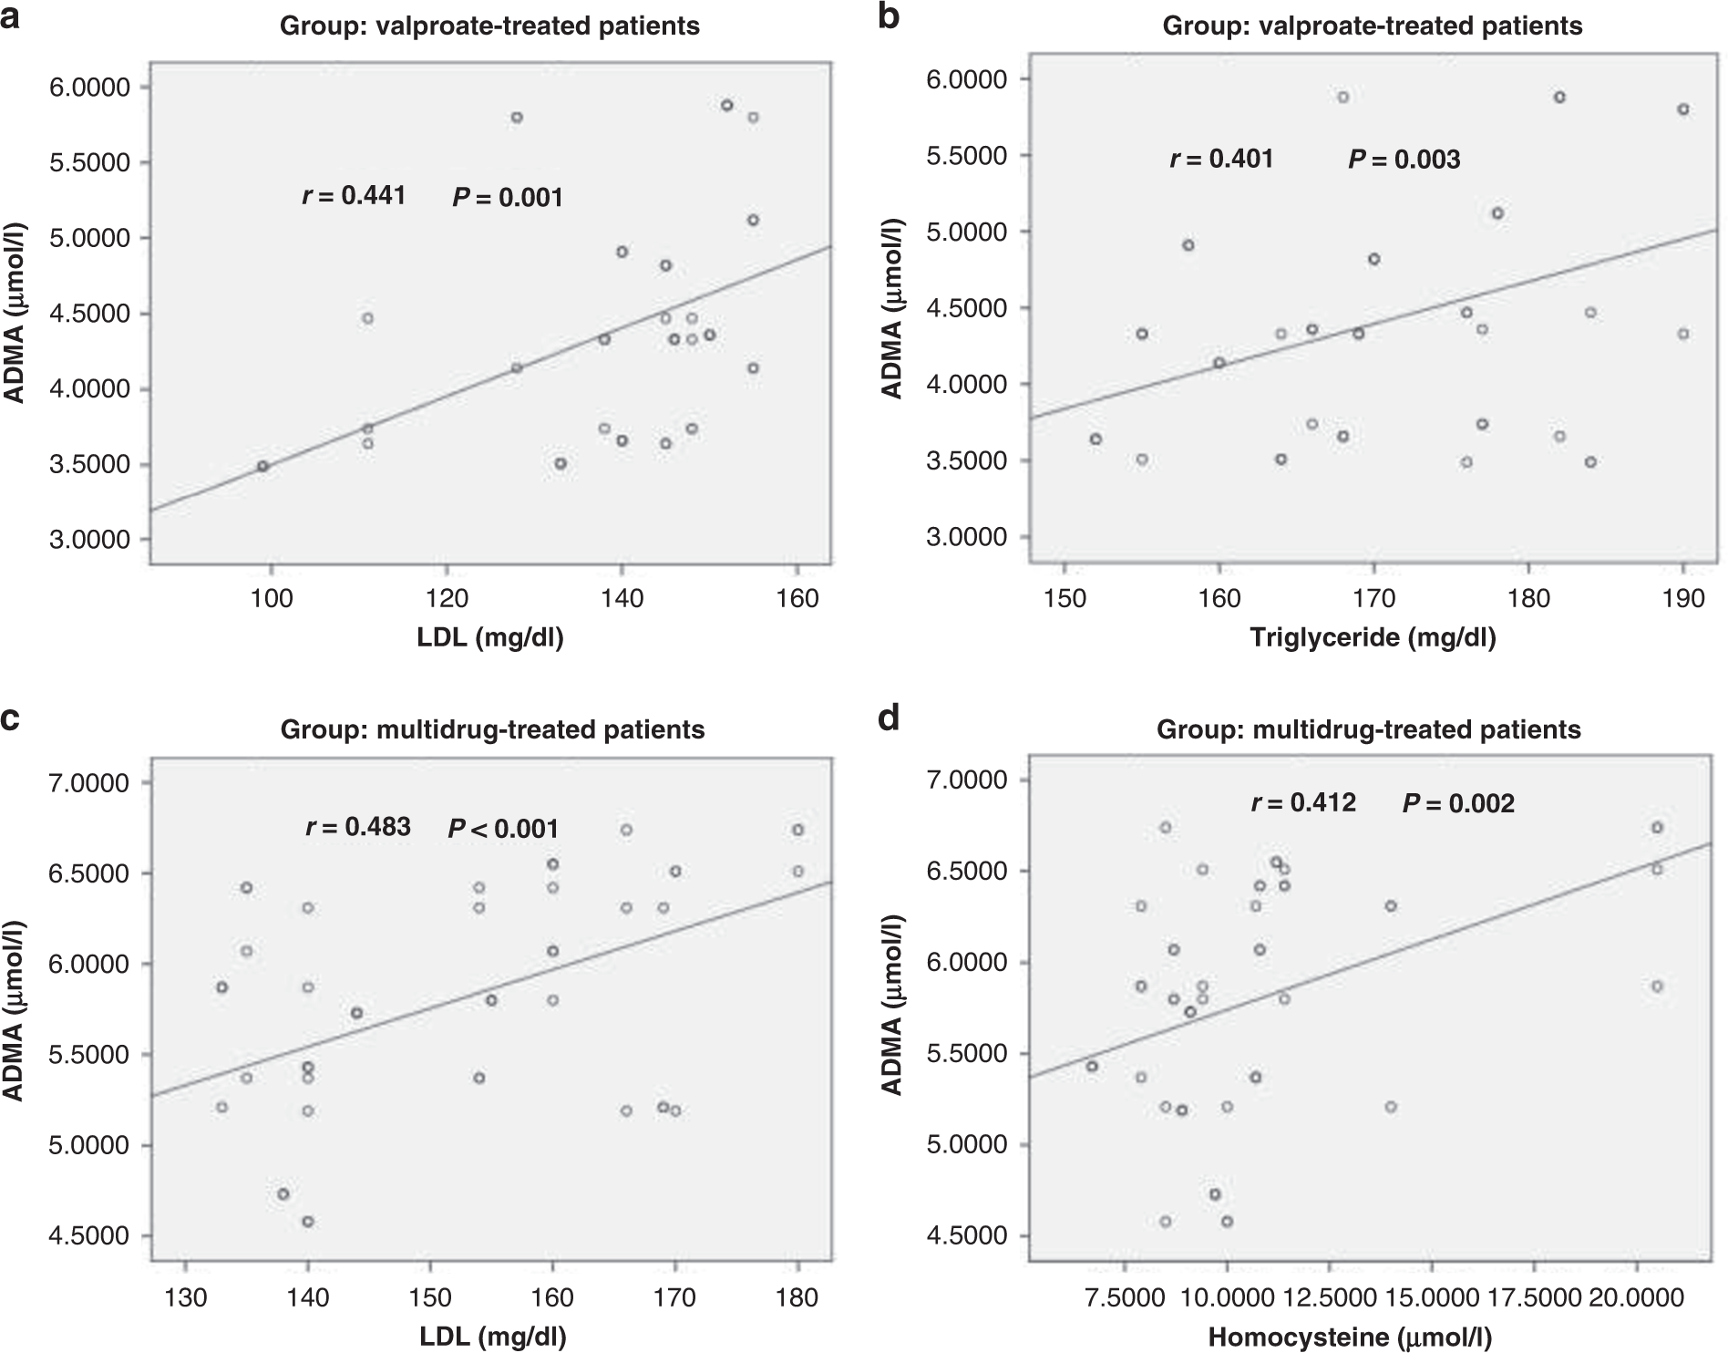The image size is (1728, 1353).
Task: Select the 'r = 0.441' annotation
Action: pos(354,195)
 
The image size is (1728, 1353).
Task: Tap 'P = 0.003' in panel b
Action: pos(1404,160)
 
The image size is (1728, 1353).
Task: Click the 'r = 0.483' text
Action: pos(357,827)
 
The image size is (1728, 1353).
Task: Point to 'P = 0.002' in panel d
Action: pos(1458,803)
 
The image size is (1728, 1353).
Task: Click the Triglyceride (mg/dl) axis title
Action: pos(1373,637)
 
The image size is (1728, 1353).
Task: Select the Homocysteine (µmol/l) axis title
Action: pos(1350,1338)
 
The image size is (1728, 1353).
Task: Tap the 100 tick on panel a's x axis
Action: pos(271,597)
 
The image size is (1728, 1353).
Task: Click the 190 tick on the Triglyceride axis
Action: pos(1682,597)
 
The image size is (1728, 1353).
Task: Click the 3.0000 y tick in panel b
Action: pos(972,537)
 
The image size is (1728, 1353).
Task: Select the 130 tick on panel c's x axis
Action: pos(186,1297)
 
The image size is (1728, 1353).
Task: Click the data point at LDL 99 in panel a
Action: pos(262,466)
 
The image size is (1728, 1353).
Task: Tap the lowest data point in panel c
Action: pos(308,1222)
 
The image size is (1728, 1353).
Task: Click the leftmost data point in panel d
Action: pos(1092,1066)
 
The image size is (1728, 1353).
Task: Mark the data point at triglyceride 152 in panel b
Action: pos(1095,439)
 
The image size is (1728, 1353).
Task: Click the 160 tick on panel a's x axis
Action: pos(797,597)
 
